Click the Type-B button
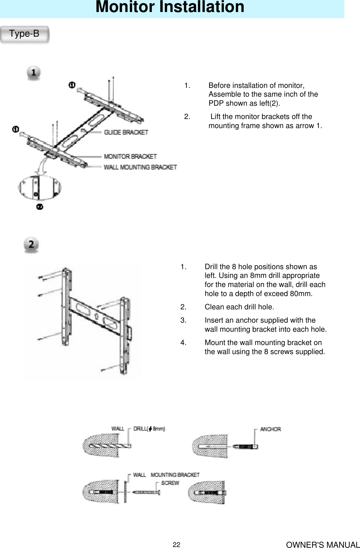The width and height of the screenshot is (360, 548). click(25, 34)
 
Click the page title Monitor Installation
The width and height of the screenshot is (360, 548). click(170, 7)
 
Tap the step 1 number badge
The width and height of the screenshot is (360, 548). click(33, 73)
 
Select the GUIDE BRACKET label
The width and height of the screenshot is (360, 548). click(126, 132)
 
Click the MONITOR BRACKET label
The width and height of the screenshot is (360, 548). click(130, 157)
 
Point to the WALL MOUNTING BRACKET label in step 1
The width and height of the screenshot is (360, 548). click(140, 167)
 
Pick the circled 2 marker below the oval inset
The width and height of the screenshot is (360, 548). click(39, 207)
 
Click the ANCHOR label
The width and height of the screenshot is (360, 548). click(270, 429)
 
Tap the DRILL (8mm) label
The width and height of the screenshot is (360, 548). click(149, 429)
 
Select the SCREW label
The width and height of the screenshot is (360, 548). click(170, 483)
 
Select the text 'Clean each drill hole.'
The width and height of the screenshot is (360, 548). click(239, 307)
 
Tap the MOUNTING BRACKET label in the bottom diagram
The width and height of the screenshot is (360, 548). click(175, 475)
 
